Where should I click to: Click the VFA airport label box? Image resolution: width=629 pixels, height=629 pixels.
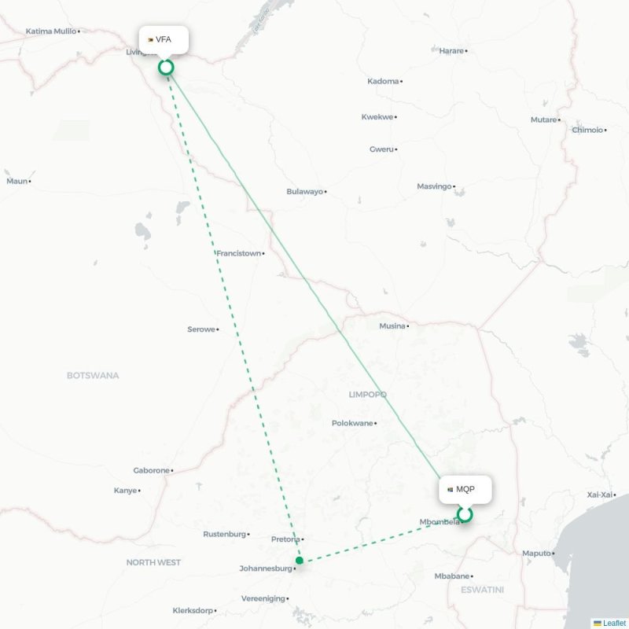click(x=164, y=39)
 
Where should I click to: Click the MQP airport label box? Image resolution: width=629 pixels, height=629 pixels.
click(x=465, y=489)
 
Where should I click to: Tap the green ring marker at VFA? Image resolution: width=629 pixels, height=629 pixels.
click(x=166, y=67)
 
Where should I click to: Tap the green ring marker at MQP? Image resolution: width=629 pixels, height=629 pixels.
click(x=465, y=515)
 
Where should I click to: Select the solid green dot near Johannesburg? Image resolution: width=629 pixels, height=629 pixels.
click(x=299, y=561)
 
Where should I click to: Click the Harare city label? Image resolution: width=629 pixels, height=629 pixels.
click(x=451, y=51)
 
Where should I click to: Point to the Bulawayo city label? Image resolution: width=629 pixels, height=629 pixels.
click(x=304, y=191)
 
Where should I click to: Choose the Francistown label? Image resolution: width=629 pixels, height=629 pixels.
click(x=238, y=253)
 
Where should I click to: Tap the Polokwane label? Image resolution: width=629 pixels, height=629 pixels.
click(x=351, y=423)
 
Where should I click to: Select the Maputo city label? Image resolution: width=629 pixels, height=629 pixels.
click(x=536, y=554)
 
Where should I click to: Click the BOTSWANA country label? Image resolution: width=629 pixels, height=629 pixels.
click(x=93, y=376)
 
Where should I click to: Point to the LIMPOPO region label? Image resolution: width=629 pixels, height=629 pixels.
click(x=368, y=394)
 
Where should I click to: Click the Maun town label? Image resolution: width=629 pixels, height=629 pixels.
click(x=17, y=181)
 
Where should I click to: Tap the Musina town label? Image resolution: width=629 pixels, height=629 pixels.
click(x=392, y=326)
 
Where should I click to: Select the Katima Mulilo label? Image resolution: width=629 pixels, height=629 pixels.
click(x=51, y=31)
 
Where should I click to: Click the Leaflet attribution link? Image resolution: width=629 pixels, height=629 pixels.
click(x=614, y=623)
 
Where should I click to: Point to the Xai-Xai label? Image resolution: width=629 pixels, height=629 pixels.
click(x=599, y=494)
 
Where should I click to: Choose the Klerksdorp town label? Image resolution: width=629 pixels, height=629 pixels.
click(x=192, y=610)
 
